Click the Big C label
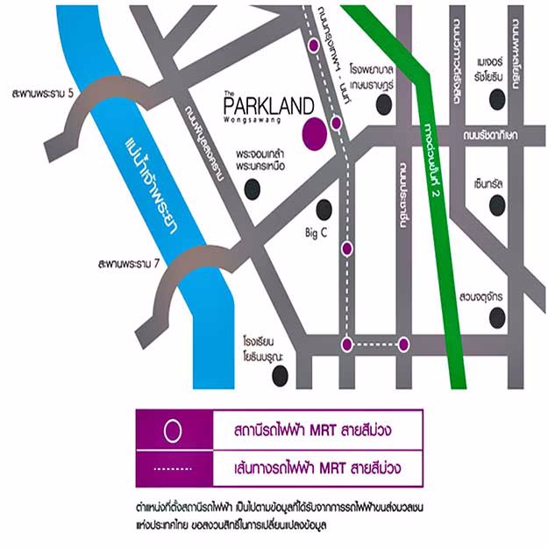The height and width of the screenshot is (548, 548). pyautogui.click(x=315, y=233)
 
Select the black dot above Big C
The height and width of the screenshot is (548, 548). pyautogui.click(x=324, y=209)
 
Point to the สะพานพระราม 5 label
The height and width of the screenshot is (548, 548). pyautogui.click(x=40, y=92)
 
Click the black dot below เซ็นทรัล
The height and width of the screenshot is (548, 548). pyautogui.click(x=497, y=205)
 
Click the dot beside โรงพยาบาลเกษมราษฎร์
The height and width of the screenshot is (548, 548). pyautogui.click(x=383, y=106)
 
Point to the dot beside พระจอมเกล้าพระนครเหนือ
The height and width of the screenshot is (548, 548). pyautogui.click(x=253, y=188)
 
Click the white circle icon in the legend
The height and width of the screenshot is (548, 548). pyautogui.click(x=174, y=430)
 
